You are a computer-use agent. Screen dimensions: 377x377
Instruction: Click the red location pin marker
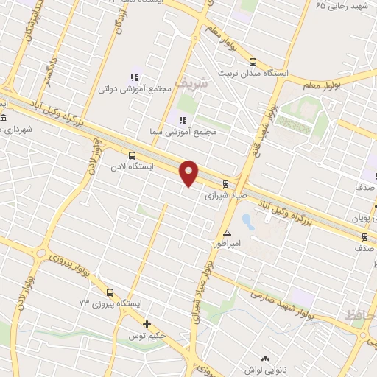coord(189,172)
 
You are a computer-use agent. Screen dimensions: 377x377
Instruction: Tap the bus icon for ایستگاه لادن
coord(132,155)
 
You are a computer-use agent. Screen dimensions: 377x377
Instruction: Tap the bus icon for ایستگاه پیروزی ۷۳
coord(110,292)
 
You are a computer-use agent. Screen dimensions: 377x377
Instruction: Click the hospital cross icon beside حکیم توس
coord(147,324)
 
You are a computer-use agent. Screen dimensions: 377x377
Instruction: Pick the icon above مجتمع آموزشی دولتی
coord(134,77)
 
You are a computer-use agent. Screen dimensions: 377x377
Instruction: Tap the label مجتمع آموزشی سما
coord(186,132)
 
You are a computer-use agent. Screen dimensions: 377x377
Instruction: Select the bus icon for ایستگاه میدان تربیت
coord(253,63)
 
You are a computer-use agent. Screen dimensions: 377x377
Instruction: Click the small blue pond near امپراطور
coord(247,219)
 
